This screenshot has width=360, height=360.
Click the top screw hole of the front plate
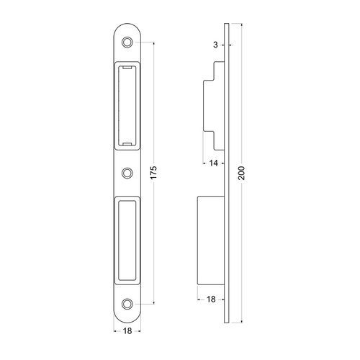pos(127,42)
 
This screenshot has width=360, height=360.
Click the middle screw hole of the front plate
pos(127,173)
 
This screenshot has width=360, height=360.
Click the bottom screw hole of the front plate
pos(127,304)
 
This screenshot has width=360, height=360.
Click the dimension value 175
pos(153,172)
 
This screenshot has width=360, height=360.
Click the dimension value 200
pos(242,173)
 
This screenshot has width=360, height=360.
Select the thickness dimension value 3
pos(215,45)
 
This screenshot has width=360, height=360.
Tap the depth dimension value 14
pos(213,163)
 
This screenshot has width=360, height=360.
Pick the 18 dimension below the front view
pos(127,331)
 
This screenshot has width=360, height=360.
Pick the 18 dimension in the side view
pos(211,300)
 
